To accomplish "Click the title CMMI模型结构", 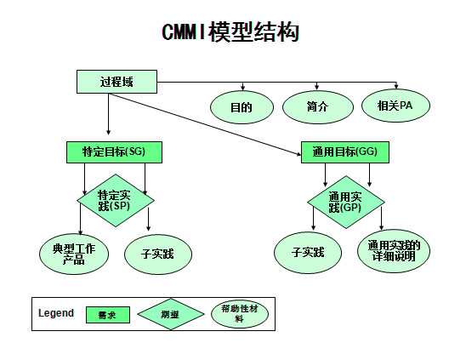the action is [x=230, y=31].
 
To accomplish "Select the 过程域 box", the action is [x=116, y=82].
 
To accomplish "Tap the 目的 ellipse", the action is [x=242, y=107].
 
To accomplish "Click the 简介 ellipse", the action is [x=318, y=107].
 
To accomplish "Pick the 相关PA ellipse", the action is [x=395, y=106].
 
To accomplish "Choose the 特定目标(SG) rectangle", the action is [x=114, y=152].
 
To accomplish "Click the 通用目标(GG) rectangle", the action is [x=345, y=152].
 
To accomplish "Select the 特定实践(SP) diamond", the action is [x=116, y=200].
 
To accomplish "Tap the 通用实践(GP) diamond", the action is [x=345, y=202].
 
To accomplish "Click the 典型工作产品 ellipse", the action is [x=74, y=254].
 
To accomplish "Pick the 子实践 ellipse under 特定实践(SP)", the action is [x=158, y=254].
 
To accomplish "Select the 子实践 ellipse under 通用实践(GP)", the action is [x=308, y=253].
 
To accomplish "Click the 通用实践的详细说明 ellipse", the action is [x=394, y=251].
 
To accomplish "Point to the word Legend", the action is [x=56, y=313].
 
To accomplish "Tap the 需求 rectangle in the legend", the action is [x=108, y=315].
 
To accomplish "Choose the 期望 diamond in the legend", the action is [x=171, y=314].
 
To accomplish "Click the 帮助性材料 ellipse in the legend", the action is [x=240, y=314].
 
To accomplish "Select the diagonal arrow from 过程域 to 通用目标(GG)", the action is [x=205, y=124].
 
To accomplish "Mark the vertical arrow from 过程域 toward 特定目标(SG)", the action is [x=109, y=114].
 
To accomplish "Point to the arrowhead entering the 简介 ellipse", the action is [x=317, y=87].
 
